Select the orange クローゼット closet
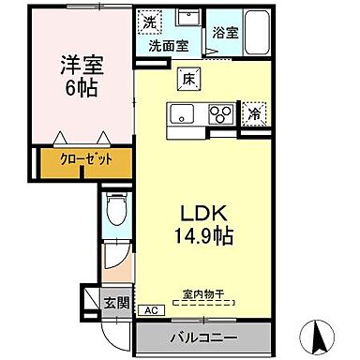point(89,159)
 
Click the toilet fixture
point(113,208)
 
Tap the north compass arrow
point(320,334)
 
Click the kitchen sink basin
point(181,113)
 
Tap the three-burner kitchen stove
point(221,113)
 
